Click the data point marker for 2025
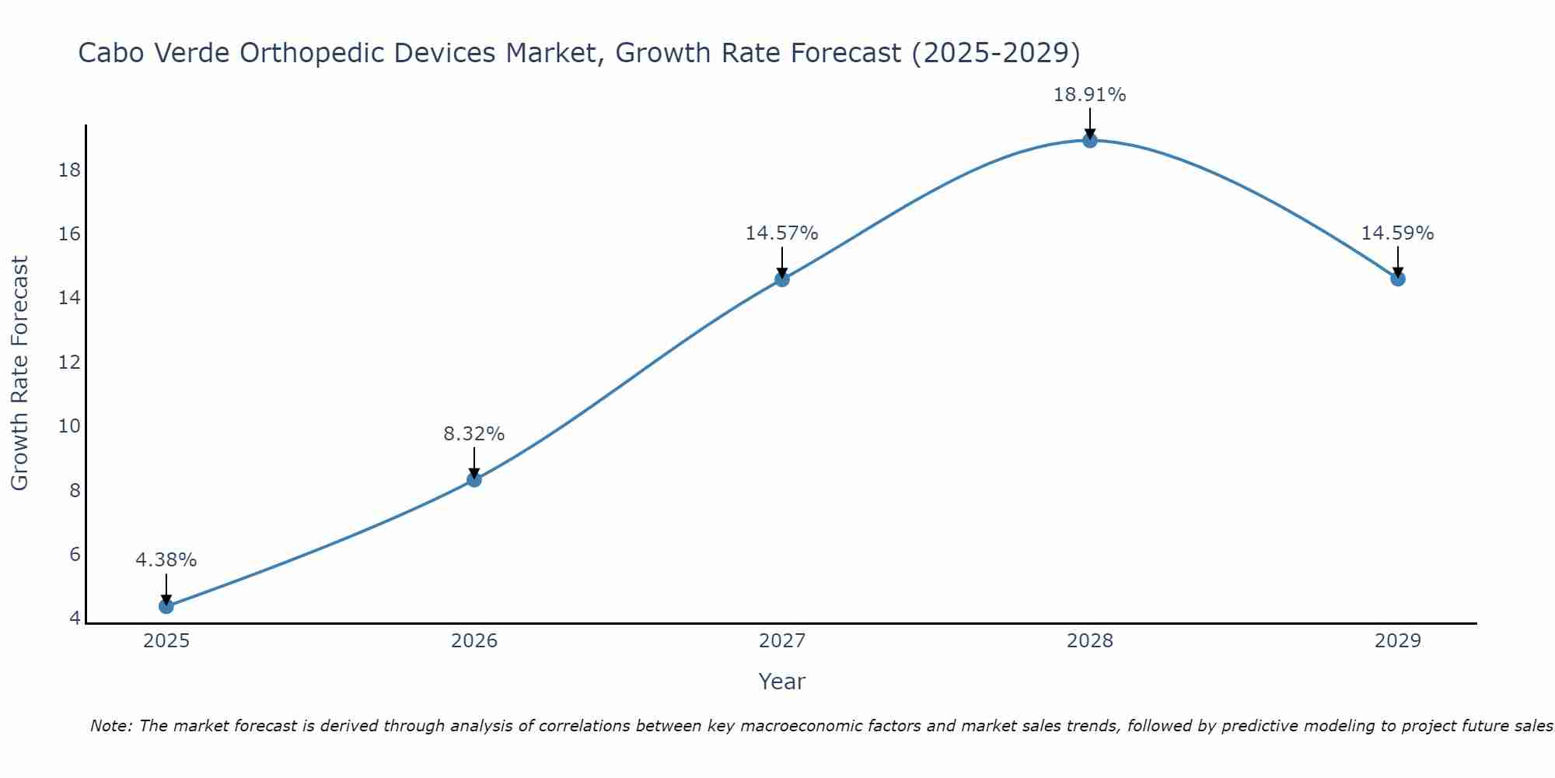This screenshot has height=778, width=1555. pos(166,606)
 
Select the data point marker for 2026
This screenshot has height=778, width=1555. pos(474,479)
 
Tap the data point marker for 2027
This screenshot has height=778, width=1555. pos(782,279)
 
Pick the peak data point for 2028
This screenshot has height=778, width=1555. pos(1090,140)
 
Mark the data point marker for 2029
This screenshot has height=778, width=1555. pos(1398,279)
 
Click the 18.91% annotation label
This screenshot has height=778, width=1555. pos(1089,95)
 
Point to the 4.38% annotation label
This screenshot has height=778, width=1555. pos(166,560)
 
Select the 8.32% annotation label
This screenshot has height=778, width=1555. pos(474,434)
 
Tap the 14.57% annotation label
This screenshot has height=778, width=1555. pos(781,233)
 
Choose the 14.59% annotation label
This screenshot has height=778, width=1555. pos(1397,233)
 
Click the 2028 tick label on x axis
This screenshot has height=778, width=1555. pos(1090,641)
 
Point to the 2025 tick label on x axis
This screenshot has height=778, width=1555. pos(166,641)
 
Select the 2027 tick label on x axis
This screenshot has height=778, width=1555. pos(782,641)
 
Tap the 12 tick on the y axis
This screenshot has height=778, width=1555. pos(70,363)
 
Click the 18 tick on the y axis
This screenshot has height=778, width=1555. pos(70,170)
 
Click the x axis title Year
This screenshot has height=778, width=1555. pos(781,682)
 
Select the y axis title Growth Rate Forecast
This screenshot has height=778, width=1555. pos(20,373)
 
